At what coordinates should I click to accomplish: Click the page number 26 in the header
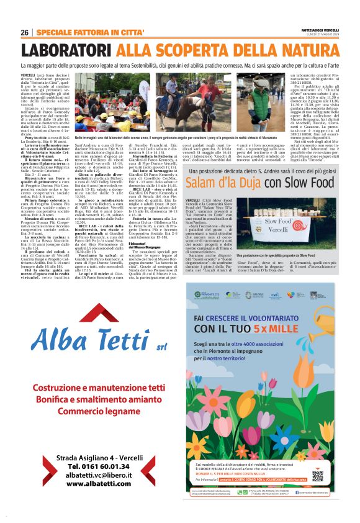coord(25,32)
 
